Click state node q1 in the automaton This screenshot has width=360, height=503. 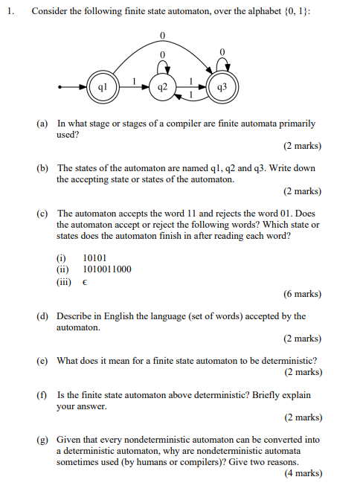tap(103, 87)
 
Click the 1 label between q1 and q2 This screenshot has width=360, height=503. tap(134, 81)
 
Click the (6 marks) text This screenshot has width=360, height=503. tap(303, 294)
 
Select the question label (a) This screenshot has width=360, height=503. tap(43, 124)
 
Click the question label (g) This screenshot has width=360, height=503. tap(43, 440)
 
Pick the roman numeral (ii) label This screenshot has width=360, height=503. tap(62, 269)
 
